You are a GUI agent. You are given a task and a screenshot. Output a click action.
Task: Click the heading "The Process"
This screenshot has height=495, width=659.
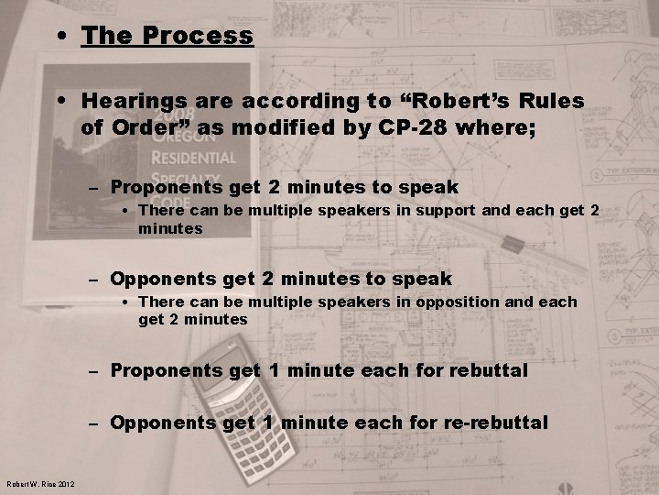pyautogui.click(x=167, y=37)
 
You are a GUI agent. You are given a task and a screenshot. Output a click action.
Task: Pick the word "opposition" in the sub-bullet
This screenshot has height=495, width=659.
pyautogui.click(x=458, y=302)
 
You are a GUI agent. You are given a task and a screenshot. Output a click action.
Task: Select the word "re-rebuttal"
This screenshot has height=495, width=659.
pyautogui.click(x=494, y=423)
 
